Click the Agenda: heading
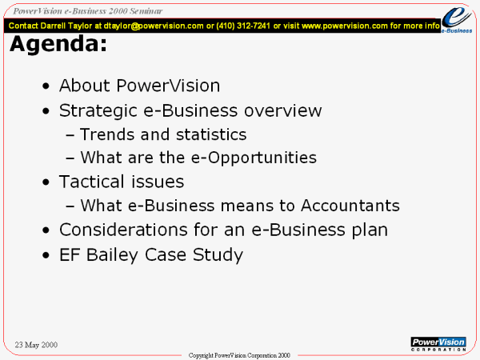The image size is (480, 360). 58,45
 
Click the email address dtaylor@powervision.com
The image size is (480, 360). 154,26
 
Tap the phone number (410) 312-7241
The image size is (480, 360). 243,26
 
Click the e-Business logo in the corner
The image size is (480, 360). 457,19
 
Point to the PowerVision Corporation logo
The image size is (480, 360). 438,344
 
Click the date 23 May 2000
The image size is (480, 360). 36,345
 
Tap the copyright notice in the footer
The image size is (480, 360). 239,355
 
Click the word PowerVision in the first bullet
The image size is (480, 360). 168,86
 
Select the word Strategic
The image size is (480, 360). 98,111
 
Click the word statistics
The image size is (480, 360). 211,134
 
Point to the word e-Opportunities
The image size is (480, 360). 254,158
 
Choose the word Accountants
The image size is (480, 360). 350,206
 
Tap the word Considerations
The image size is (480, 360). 123,230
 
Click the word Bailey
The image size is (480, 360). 112,255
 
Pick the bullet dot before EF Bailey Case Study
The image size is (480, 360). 46,255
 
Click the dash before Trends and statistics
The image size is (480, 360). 70,135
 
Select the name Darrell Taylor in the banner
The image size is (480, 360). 66,26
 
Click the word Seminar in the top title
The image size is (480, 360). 146,11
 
